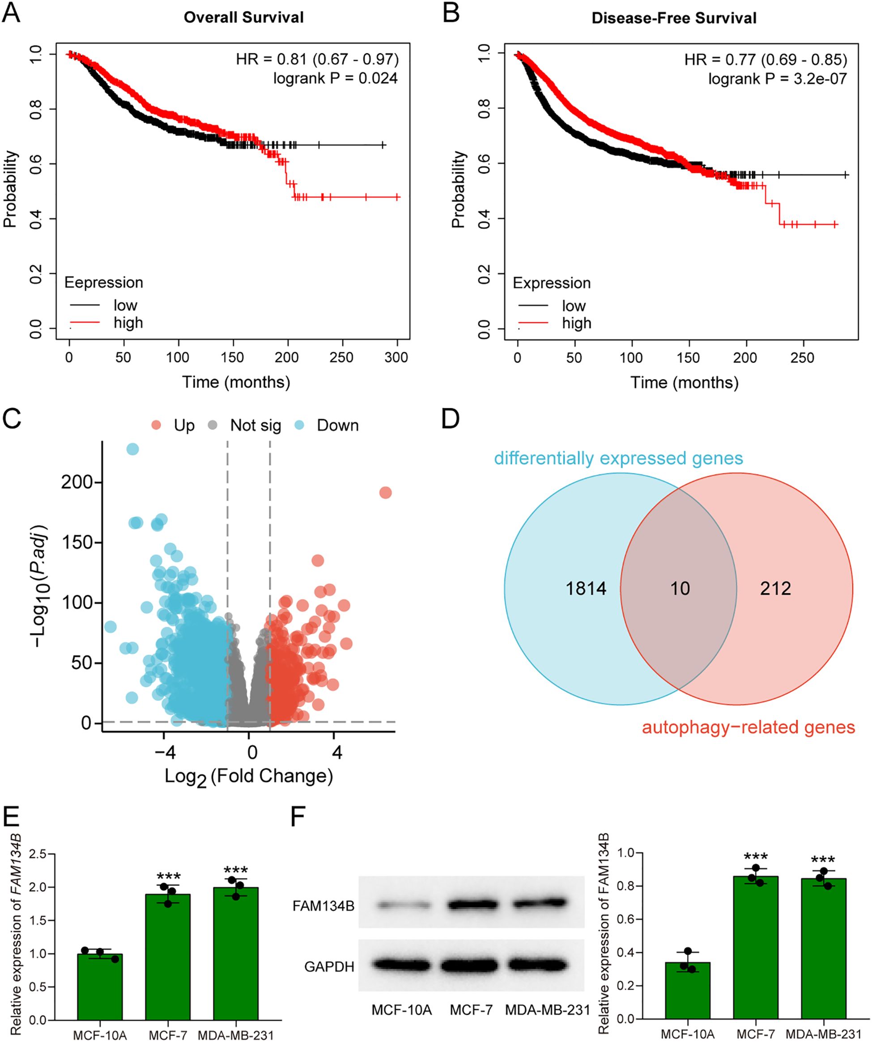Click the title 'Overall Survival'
tap(243, 17)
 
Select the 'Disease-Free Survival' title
tap(674, 18)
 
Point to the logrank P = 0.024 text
tap(335, 78)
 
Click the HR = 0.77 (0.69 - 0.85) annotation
tap(765, 59)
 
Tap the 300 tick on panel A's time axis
tap(396, 357)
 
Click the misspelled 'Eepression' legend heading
tap(104, 283)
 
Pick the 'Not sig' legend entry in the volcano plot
tap(255, 425)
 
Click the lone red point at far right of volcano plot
tap(385, 493)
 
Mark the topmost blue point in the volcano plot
tap(132, 449)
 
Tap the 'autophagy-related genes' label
tap(749, 727)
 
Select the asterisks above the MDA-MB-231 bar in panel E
tap(236, 871)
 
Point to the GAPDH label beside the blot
tap(329, 966)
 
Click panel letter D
tap(451, 418)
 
